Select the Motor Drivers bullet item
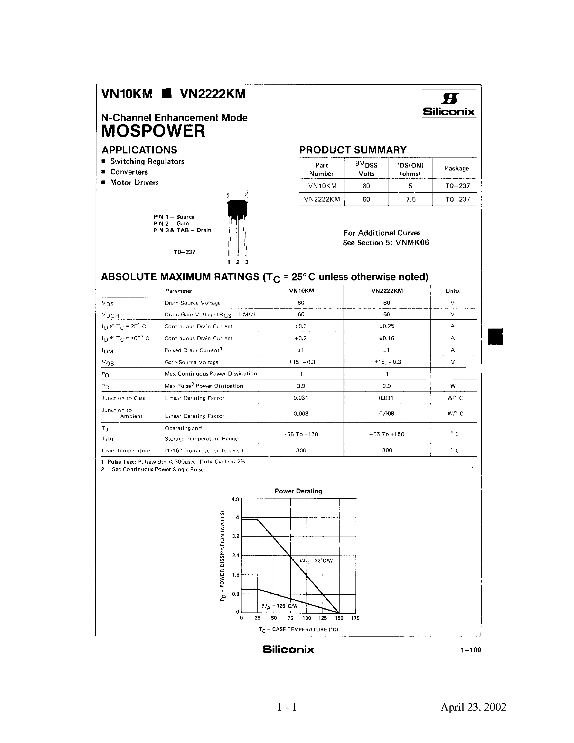[x=134, y=183]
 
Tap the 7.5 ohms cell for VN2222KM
[x=410, y=199]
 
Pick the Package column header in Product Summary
[x=456, y=168]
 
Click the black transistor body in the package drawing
[x=237, y=209]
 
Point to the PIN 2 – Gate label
[x=171, y=223]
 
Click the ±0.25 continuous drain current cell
[x=387, y=326]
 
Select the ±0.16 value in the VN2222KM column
[x=387, y=338]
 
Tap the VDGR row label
[x=110, y=315]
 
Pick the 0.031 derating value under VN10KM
[x=301, y=398]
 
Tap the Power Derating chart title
[x=298, y=491]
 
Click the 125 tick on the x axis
[x=322, y=618]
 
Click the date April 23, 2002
[x=473, y=707]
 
